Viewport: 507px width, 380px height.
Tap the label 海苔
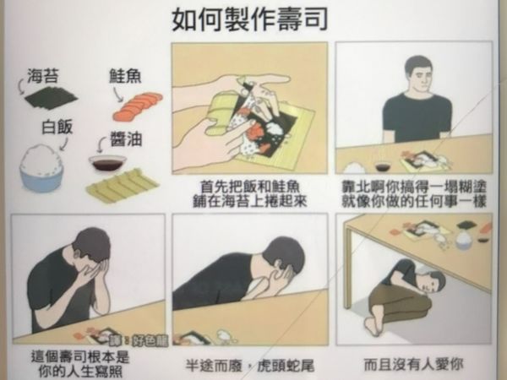tap(42, 73)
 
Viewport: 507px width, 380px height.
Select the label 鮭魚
tap(124, 76)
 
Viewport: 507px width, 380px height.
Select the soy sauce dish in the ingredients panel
tap(107, 162)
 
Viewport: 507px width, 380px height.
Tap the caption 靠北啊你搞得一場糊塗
tap(414, 185)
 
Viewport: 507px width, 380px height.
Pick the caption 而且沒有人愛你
tap(414, 366)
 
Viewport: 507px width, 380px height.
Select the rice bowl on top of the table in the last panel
tap(464, 237)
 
